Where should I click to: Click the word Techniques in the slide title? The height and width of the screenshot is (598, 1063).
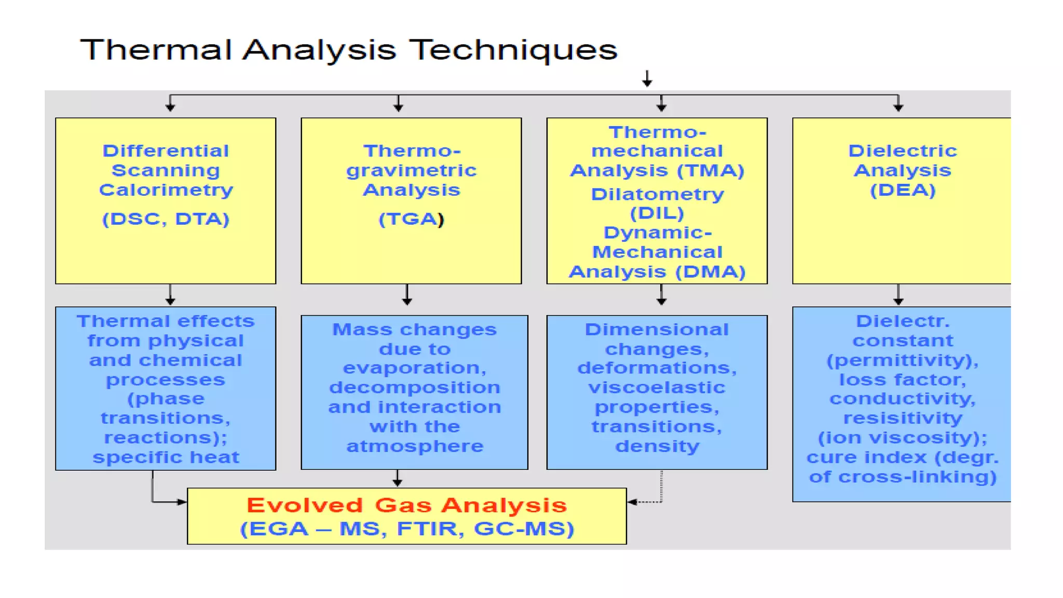pyautogui.click(x=513, y=50)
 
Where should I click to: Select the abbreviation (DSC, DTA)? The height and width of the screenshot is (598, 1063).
pyautogui.click(x=166, y=219)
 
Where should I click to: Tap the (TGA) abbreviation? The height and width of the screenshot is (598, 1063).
pyautogui.click(x=411, y=219)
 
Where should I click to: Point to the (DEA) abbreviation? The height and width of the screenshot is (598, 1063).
pyautogui.click(x=903, y=190)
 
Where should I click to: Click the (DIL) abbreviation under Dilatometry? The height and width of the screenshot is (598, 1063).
pyautogui.click(x=657, y=213)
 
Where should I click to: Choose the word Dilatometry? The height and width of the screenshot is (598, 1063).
pyautogui.click(x=657, y=194)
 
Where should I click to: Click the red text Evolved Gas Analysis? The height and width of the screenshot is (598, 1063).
pyautogui.click(x=406, y=505)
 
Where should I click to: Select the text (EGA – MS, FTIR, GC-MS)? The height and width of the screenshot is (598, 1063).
pyautogui.click(x=406, y=529)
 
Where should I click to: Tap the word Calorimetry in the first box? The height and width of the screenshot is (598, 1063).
pyautogui.click(x=166, y=190)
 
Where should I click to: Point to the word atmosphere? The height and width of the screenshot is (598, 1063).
pyautogui.click(x=415, y=446)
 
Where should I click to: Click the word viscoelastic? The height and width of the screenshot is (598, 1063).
pyautogui.click(x=657, y=387)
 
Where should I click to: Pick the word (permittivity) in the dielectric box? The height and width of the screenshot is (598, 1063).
pyautogui.click(x=903, y=360)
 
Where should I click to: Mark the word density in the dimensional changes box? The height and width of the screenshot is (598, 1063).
pyautogui.click(x=657, y=446)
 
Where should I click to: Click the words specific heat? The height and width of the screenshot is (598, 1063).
pyautogui.click(x=166, y=457)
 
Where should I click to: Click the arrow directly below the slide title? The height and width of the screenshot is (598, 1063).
pyautogui.click(x=647, y=79)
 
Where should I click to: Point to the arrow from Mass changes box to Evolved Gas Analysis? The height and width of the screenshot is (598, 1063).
pyautogui.click(x=398, y=478)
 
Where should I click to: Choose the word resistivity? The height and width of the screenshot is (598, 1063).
pyautogui.click(x=903, y=418)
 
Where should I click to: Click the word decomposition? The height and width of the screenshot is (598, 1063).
pyautogui.click(x=415, y=387)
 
